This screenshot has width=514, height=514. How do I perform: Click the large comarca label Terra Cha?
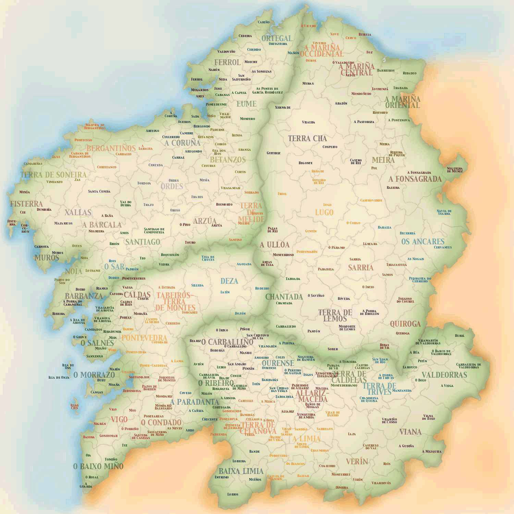(x=307, y=138)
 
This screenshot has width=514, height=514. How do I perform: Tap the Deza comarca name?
(x=229, y=281)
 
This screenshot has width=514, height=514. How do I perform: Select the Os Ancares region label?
(x=423, y=242)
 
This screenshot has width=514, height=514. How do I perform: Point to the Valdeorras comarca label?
(x=444, y=375)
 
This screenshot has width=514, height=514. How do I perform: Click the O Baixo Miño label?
(x=98, y=466)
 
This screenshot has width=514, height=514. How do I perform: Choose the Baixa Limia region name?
(x=241, y=471)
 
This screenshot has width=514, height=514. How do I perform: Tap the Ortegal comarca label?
(x=277, y=38)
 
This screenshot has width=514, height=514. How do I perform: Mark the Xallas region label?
(x=78, y=212)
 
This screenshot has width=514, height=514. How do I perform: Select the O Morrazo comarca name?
(x=94, y=375)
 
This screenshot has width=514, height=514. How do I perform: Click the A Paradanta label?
(x=194, y=402)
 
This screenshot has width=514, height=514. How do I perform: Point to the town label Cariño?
(x=264, y=22)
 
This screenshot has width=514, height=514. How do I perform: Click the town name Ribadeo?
(x=409, y=73)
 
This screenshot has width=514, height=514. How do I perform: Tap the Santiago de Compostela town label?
(x=154, y=231)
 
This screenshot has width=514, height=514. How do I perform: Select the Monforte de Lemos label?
(x=347, y=328)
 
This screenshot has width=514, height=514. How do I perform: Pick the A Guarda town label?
(x=86, y=485)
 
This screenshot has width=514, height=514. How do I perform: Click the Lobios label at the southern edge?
(x=233, y=494)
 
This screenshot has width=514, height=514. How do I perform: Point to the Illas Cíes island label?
(x=74, y=407)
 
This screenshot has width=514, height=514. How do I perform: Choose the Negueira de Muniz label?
(x=454, y=170)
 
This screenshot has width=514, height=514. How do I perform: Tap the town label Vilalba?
(x=308, y=122)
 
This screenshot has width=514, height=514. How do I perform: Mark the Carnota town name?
(x=41, y=247)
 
